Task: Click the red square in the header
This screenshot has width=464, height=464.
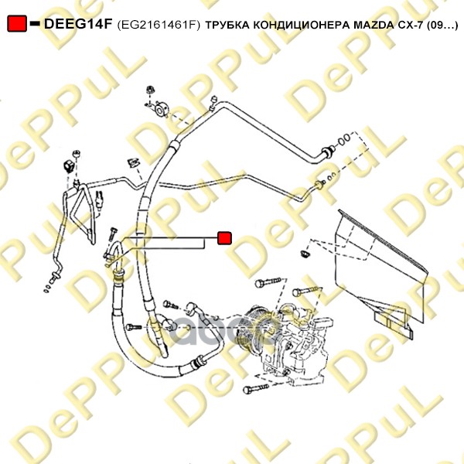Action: point(17,23)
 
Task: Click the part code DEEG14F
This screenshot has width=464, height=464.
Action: point(78,24)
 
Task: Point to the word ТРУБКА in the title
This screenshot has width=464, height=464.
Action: point(227,26)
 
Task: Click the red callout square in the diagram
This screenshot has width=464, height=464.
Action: point(224,238)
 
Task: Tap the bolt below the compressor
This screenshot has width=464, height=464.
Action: point(255,388)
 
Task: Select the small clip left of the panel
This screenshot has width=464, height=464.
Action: point(305,254)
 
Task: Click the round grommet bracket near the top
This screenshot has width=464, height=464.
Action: point(161,109)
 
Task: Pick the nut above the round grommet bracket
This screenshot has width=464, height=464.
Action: point(151,90)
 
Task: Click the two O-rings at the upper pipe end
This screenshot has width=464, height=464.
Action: point(344,140)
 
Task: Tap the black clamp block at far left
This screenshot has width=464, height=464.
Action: point(68,166)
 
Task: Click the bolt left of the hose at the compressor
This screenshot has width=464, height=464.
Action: point(134,327)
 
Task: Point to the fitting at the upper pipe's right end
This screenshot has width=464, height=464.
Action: point(328,151)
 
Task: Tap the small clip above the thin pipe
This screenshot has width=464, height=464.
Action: point(133,162)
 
